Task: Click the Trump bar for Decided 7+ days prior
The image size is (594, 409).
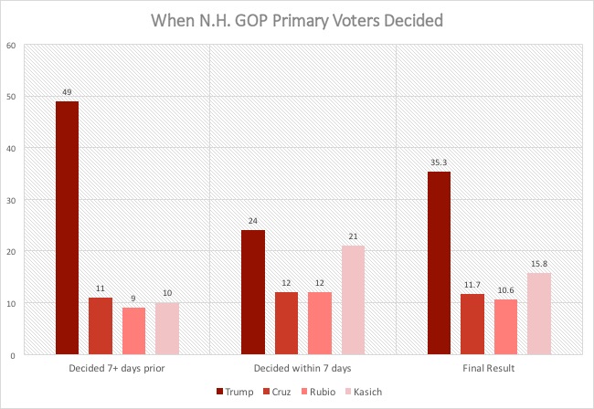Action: [x=67, y=227]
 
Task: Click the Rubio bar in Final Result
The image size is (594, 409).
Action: [x=504, y=326]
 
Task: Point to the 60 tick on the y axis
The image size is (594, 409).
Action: [x=12, y=45]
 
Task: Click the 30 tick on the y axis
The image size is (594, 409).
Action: [x=12, y=199]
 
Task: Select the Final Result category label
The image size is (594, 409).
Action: [x=488, y=370]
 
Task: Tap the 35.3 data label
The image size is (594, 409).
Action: [x=439, y=163]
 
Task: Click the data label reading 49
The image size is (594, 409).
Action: [x=67, y=91]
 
